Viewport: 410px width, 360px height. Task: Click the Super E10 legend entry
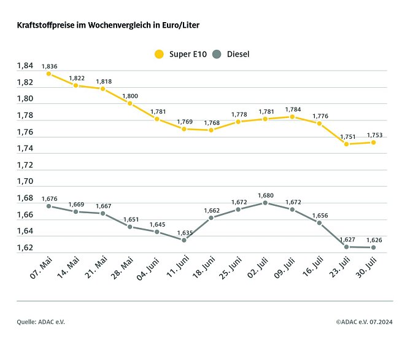(x=180, y=54)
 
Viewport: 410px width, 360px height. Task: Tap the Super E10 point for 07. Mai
(x=49, y=74)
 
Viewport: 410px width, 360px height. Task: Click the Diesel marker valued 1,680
(x=265, y=203)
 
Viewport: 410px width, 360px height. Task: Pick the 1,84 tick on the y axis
(x=25, y=66)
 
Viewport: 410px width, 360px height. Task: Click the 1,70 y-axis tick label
(x=25, y=182)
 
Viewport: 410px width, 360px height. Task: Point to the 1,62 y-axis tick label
(x=25, y=248)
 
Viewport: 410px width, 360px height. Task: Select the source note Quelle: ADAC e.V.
(x=41, y=322)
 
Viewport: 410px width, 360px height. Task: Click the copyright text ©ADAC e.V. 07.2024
(x=364, y=322)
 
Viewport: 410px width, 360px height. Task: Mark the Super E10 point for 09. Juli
(x=292, y=117)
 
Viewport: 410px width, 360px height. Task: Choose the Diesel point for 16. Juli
(x=319, y=222)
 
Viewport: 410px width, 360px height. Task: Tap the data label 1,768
(x=211, y=123)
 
